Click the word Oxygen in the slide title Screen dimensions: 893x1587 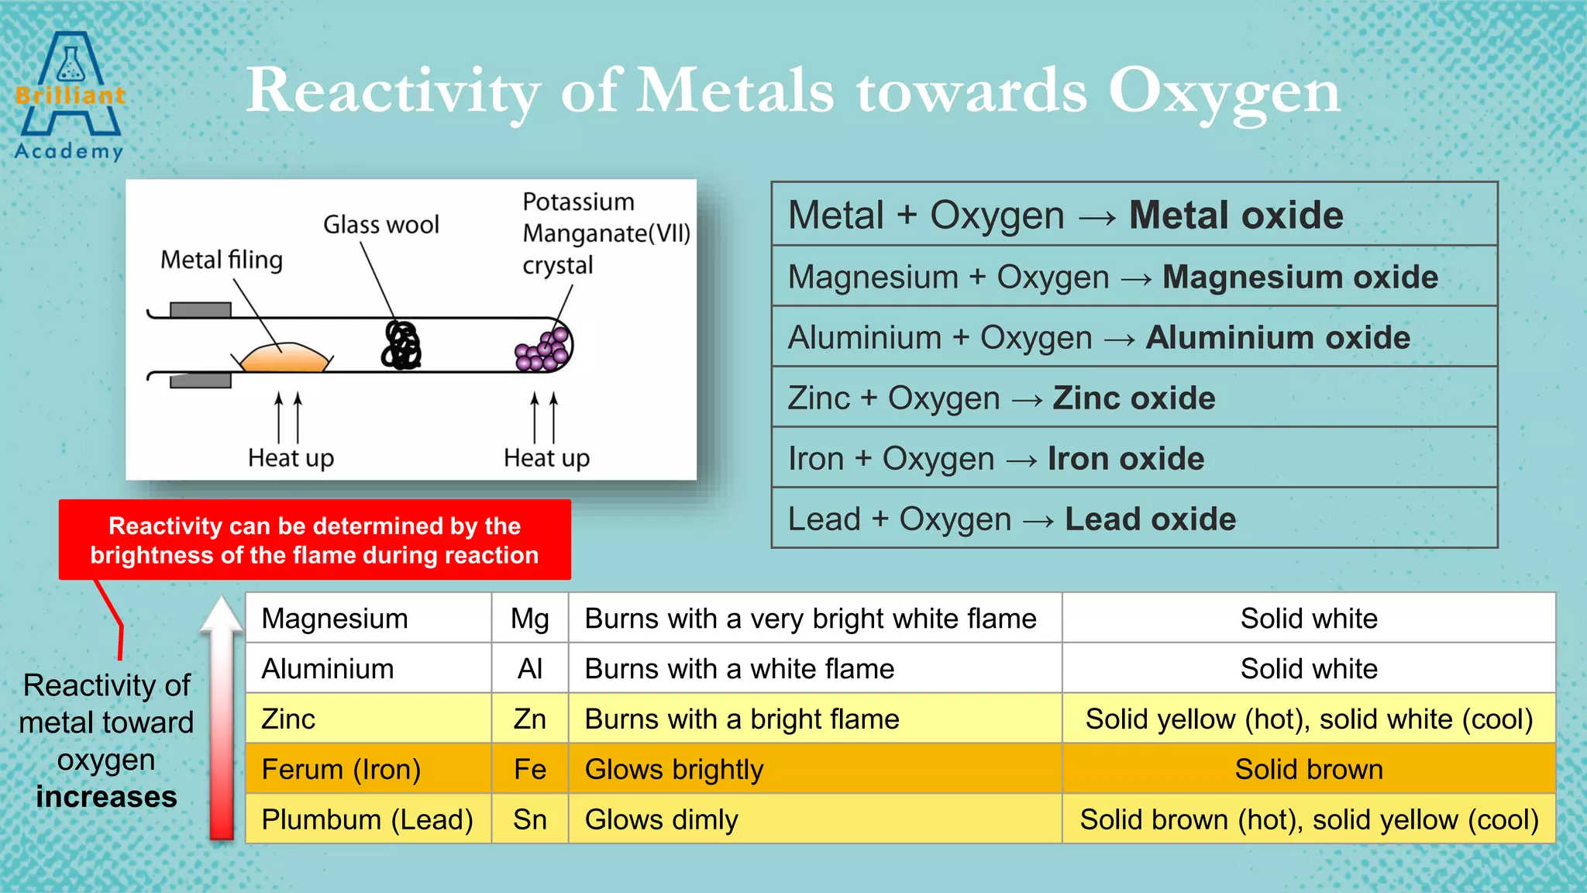pos(1224,91)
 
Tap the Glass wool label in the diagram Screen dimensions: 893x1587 pos(380,225)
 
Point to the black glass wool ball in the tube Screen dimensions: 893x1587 pos(401,346)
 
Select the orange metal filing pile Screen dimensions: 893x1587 pos(284,357)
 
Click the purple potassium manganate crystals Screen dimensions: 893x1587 pos(545,350)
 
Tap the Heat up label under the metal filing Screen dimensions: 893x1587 pos(291,458)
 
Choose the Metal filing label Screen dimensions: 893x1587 pos(221,260)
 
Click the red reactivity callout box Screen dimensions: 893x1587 pos(315,540)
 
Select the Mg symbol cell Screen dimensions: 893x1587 pos(530,619)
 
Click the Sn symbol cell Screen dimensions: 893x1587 pos(530,819)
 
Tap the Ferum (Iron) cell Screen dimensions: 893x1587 pos(341,770)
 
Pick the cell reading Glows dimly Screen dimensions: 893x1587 pos(661,819)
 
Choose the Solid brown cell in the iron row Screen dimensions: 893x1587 pos(1308,770)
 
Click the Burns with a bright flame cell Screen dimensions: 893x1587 pos(742,719)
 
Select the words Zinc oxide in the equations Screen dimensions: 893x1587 pos(1134,398)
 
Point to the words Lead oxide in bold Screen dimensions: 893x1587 pos(1150,519)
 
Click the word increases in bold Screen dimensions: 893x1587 pos(106,797)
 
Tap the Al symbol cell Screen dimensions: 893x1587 pos(530,669)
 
